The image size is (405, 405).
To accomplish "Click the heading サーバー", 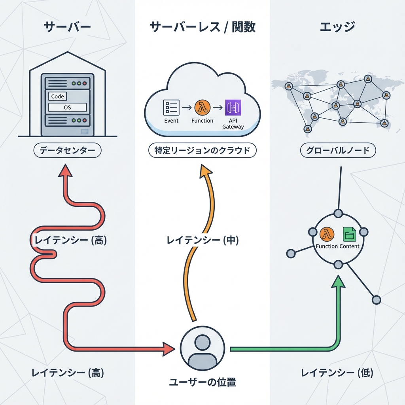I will coord(67,27).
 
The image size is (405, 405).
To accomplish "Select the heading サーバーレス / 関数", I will coord(202,27).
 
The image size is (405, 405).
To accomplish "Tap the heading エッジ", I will coord(337,27).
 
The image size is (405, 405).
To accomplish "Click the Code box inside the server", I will coord(58,96).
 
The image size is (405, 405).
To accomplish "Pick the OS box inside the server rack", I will coord(67,107).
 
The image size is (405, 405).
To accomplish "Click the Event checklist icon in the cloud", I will coord(171,108).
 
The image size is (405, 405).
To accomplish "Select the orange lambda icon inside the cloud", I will coord(202,108).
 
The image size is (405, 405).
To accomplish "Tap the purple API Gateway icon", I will coord(233,108).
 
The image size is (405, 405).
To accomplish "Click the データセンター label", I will coord(68,151).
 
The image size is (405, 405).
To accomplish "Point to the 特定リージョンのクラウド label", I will coord(202,151).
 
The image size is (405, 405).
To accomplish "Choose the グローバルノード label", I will coord(338,151).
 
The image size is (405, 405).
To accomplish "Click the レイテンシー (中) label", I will coord(202,240).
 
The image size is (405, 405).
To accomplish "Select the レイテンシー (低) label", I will coord(337,373).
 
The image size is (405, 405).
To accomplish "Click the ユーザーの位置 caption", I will coord(202,382).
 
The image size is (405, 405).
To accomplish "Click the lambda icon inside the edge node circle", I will coord(327,234).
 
